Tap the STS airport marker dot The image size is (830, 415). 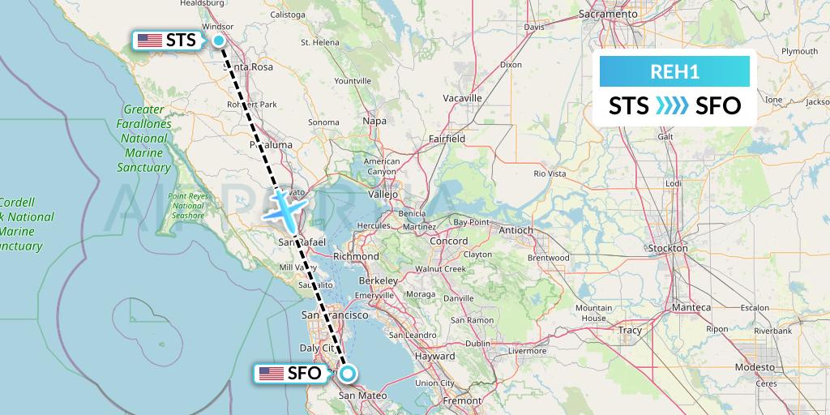219,41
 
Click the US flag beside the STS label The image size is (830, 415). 150,40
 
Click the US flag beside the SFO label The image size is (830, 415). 271,374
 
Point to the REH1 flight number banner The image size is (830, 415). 674,71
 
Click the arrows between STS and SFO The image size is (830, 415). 672,105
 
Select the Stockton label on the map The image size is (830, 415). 668,247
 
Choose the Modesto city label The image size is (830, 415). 755,366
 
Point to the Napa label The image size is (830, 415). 374,120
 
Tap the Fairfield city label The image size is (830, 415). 447,139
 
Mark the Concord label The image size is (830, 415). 448,241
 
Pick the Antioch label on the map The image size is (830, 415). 516,230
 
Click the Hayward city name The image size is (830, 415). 434,356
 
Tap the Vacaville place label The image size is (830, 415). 463,98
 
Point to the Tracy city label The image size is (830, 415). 629,330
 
